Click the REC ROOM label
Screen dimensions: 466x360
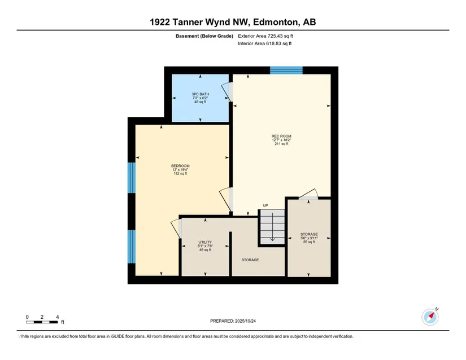[x=281, y=136]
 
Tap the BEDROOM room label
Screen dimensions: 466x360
[x=180, y=166]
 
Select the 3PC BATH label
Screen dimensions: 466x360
[x=201, y=94]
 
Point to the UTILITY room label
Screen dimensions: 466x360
[x=205, y=242]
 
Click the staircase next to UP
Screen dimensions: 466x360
[x=272, y=227]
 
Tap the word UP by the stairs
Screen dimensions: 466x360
[x=265, y=205]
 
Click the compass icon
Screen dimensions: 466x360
[x=430, y=317]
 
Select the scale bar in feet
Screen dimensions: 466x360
[x=42, y=322]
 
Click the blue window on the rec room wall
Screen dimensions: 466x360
[x=286, y=71]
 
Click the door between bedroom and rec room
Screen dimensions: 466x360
[x=225, y=199]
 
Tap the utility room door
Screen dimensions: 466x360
[x=176, y=228]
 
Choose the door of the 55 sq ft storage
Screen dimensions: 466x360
[x=309, y=194]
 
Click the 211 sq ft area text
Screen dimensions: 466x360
[x=281, y=144]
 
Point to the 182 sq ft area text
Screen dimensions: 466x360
[x=180, y=174]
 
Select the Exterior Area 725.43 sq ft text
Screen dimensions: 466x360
[x=265, y=36]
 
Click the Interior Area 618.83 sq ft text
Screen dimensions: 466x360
[x=264, y=43]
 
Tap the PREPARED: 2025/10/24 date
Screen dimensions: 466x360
[x=233, y=321]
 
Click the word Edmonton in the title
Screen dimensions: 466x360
[x=276, y=22]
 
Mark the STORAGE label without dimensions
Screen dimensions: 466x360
[x=250, y=260]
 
